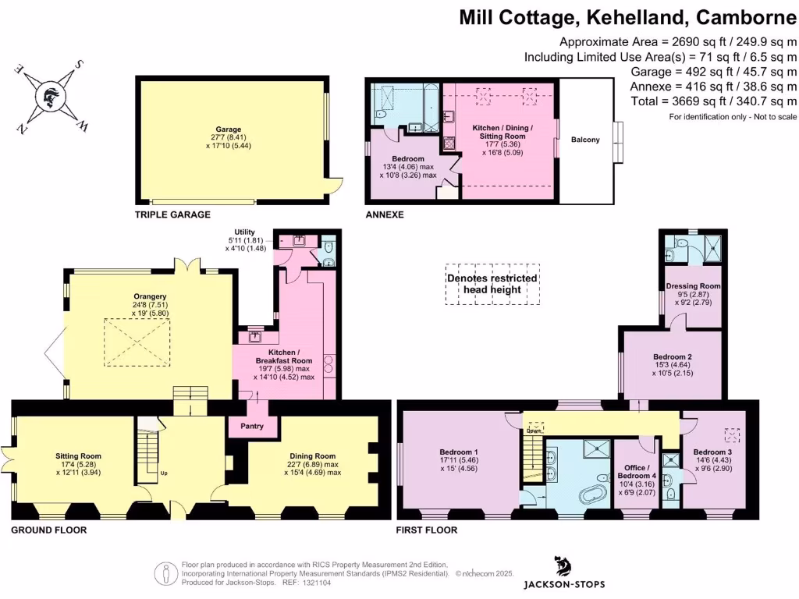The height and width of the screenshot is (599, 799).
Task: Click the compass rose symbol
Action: click(48, 97)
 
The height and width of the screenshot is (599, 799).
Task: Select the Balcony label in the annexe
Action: click(585, 140)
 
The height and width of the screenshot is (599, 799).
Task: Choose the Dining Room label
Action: click(312, 456)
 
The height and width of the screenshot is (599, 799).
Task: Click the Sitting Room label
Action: click(78, 456)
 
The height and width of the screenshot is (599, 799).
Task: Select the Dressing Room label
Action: click(693, 286)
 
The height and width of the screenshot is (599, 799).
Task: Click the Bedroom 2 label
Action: click(673, 357)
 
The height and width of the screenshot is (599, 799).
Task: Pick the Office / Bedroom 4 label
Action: click(634, 472)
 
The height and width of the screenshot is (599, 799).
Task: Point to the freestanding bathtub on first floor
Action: click(593, 494)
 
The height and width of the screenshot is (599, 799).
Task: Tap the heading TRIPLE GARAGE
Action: click(172, 214)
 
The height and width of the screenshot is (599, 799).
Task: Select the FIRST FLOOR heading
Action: click(427, 530)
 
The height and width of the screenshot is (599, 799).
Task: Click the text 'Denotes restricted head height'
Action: click(492, 284)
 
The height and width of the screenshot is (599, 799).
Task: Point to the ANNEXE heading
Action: click(384, 214)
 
